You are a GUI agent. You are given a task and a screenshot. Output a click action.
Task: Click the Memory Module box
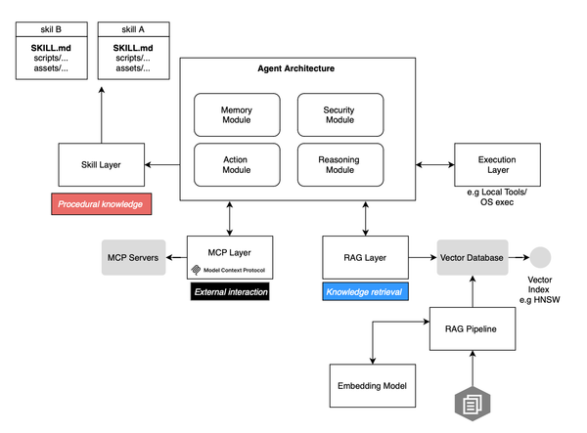pos(237,113)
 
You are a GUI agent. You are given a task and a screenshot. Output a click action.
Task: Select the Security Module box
pos(339,113)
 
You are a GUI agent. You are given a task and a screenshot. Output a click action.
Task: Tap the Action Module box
pos(237,163)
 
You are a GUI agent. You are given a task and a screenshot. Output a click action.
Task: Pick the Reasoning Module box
pos(339,163)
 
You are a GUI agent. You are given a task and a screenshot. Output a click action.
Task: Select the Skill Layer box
pos(102,164)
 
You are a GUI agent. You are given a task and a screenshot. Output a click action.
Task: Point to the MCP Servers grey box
pos(133,256)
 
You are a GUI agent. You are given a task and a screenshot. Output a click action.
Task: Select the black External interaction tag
pos(231,291)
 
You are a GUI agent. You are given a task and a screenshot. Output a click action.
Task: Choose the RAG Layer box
pos(364,257)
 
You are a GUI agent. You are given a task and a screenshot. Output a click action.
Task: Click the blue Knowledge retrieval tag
pos(364,291)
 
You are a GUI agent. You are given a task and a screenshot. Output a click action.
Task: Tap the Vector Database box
pos(472,257)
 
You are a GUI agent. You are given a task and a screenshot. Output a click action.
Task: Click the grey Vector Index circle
pos(540,257)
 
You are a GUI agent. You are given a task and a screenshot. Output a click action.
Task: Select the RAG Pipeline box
pos(472,328)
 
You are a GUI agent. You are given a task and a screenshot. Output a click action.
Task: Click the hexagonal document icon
pos(472,403)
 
